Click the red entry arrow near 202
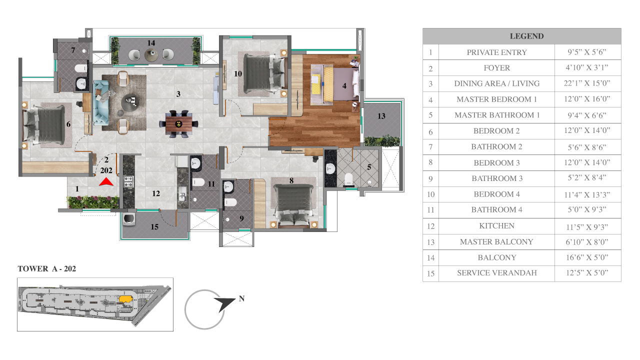point(106,182)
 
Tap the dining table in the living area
point(179,124)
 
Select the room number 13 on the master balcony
point(381,116)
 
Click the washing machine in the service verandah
point(128,218)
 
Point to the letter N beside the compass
point(241,298)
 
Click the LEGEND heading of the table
point(526,36)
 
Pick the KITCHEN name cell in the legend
point(496,226)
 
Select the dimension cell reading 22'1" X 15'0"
point(587,83)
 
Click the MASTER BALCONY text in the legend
point(496,241)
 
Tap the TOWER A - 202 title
point(47,269)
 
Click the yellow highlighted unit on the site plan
point(125,299)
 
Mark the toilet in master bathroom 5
point(349,179)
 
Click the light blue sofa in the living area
point(101,102)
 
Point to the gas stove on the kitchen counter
point(128,181)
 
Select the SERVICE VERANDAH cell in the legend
point(496,273)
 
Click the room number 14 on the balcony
point(151,43)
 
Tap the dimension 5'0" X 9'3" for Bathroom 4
point(587,210)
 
